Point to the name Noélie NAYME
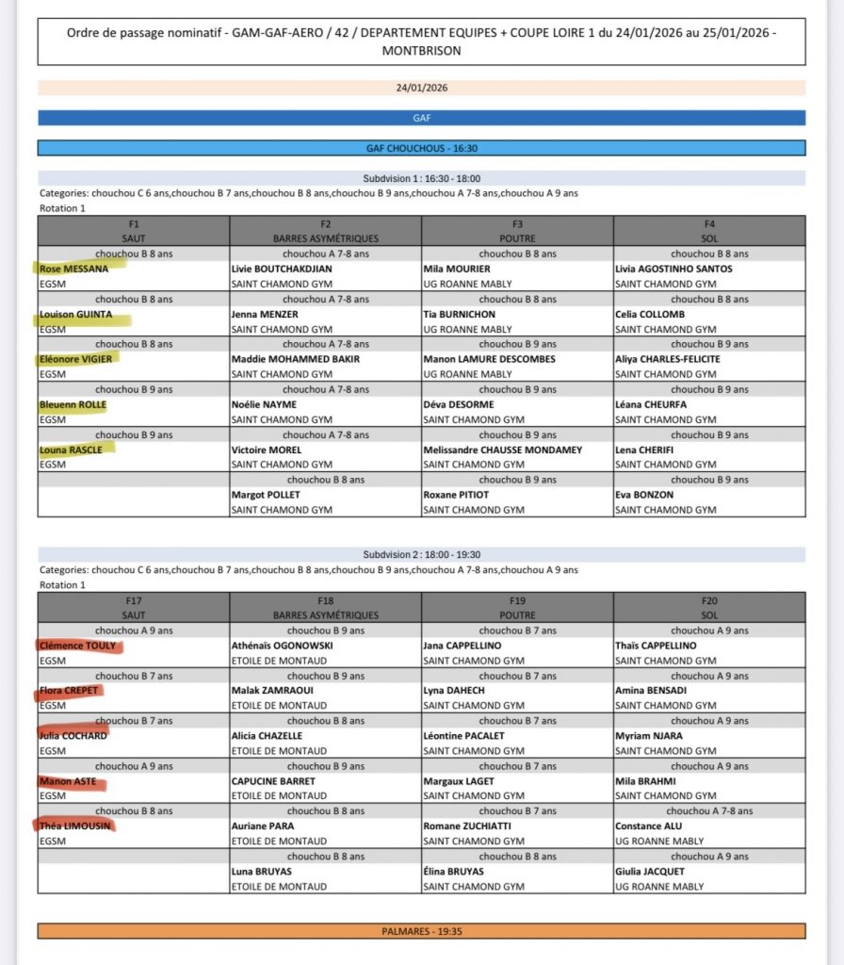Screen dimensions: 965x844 264,404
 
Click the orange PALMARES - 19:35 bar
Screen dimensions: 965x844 421,931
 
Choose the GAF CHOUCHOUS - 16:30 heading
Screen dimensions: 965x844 421,148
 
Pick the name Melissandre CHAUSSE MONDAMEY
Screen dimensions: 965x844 502,450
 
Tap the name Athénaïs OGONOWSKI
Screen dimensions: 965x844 278,646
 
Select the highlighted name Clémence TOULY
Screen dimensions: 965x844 78,646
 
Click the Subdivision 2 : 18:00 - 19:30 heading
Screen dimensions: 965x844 421,555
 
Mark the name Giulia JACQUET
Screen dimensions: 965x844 651,872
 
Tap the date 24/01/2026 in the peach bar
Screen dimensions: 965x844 421,88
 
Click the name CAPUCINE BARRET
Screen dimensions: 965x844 273,781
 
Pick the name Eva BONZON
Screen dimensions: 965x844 644,495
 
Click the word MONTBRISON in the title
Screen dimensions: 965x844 421,51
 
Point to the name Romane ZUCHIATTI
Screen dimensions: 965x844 468,826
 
